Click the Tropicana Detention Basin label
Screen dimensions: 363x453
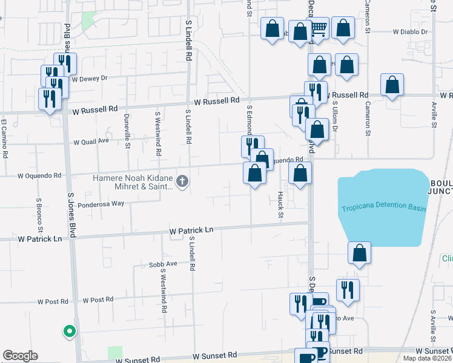[383, 209]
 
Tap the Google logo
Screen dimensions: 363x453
[20, 356]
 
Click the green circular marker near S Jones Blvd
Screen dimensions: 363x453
[70, 331]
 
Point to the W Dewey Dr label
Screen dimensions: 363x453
[89, 78]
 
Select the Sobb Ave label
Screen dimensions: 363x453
[163, 264]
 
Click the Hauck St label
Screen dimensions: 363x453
[280, 202]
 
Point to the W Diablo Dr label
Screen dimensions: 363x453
[410, 31]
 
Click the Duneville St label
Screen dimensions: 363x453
[127, 131]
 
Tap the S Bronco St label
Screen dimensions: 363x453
[39, 215]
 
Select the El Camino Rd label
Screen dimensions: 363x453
[4, 139]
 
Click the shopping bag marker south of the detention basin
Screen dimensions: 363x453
[360, 253]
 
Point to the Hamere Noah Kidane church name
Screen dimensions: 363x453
[133, 182]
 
